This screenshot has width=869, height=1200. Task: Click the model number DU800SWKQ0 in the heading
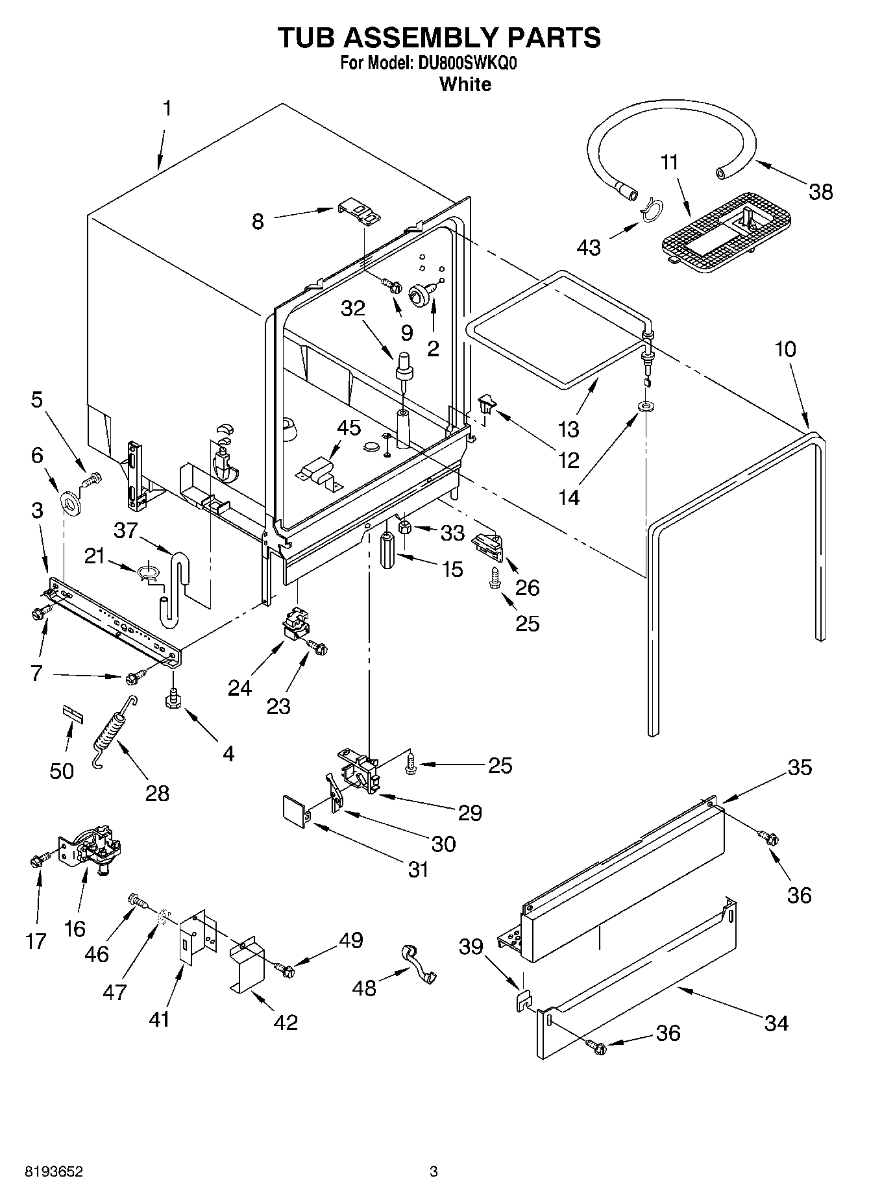pyautogui.click(x=467, y=64)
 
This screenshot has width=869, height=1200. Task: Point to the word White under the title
pyautogui.click(x=465, y=84)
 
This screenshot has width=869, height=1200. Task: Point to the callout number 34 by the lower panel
pyautogui.click(x=776, y=1023)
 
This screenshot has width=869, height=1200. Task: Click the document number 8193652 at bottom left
pyautogui.click(x=53, y=1172)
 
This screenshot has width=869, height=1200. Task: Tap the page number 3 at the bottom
pyautogui.click(x=434, y=1171)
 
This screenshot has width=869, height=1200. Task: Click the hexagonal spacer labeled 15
pyautogui.click(x=387, y=551)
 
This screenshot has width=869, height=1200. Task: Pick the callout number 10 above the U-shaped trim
pyautogui.click(x=785, y=349)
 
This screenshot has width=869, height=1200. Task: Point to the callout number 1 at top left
pyautogui.click(x=167, y=108)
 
